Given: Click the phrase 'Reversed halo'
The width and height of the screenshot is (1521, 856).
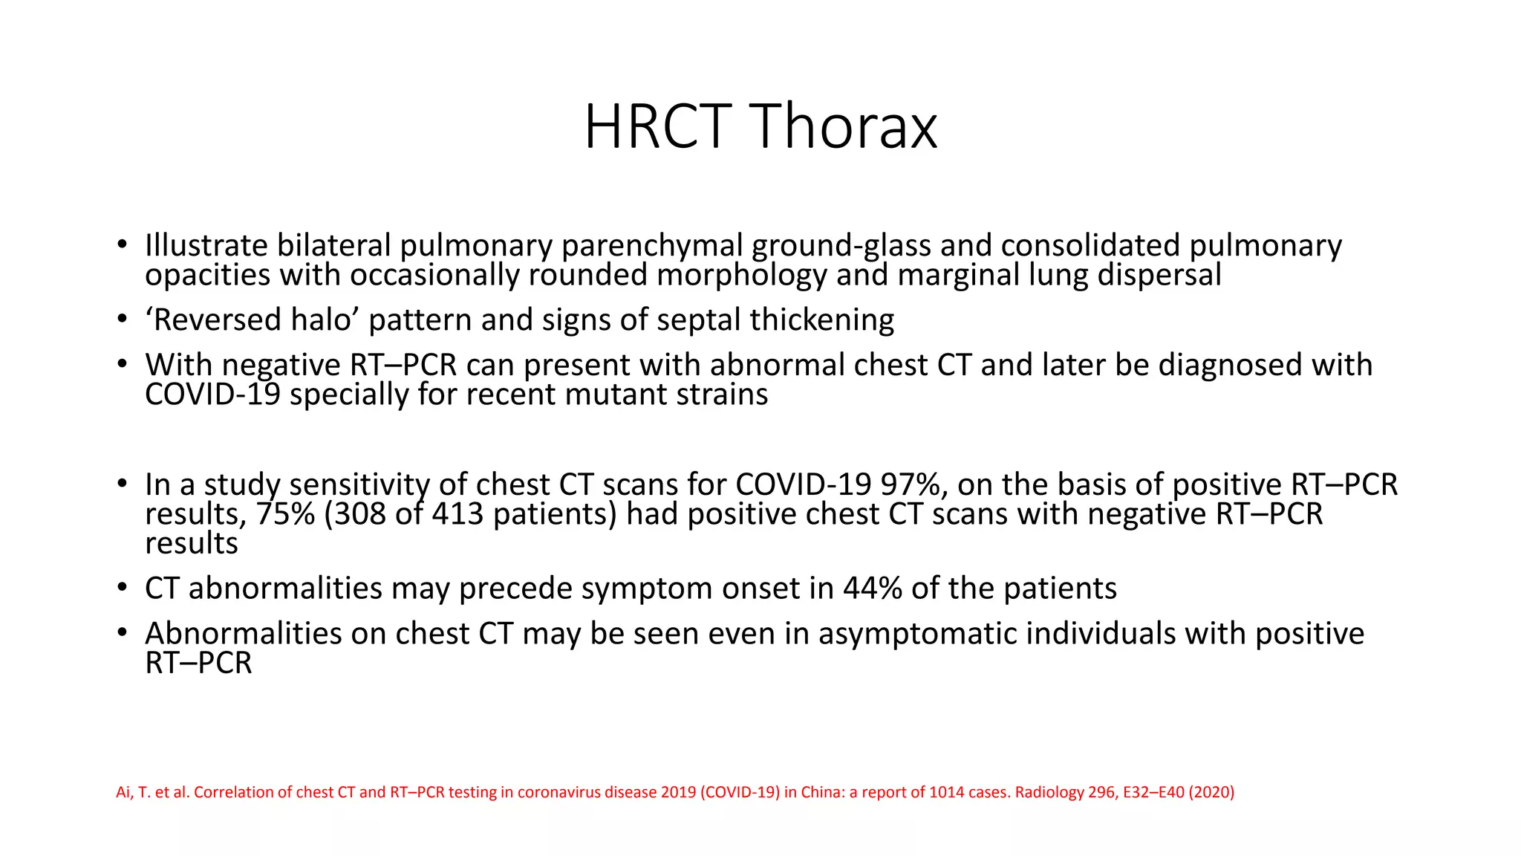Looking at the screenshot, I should point(253,320).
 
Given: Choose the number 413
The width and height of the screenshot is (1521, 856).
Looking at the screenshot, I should point(457,514).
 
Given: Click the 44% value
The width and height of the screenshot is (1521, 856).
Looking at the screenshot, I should point(872,588).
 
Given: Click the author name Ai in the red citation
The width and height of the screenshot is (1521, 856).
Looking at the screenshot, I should point(123,792).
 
